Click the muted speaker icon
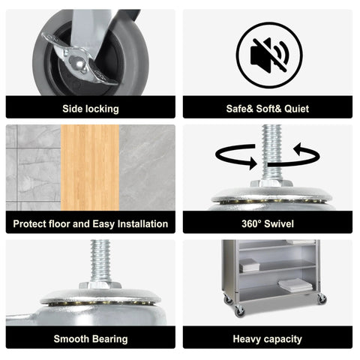pyautogui.click(x=269, y=55)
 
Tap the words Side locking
pyautogui.click(x=91, y=109)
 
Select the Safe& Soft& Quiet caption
pyautogui.click(x=268, y=109)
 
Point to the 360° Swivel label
pyautogui.click(x=268, y=223)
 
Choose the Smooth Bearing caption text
pyautogui.click(x=91, y=339)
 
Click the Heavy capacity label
pyautogui.click(x=268, y=339)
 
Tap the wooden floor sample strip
pyautogui.click(x=90, y=167)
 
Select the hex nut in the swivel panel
pyautogui.click(x=271, y=183)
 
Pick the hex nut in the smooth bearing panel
pyautogui.click(x=100, y=285)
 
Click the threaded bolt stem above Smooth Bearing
pyautogui.click(x=100, y=260)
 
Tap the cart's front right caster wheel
pyautogui.click(x=322, y=298)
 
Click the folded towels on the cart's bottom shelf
pyautogui.click(x=295, y=285)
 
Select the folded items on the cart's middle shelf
pyautogui.click(x=249, y=265)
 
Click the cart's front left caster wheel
pyautogui.click(x=239, y=311)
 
